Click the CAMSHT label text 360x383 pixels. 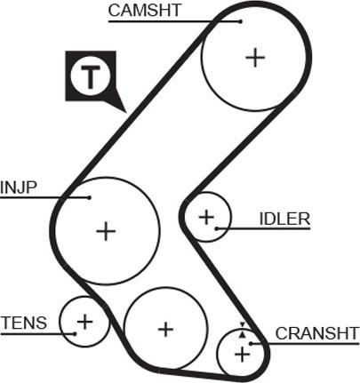coord(144,10)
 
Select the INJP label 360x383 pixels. coord(19,188)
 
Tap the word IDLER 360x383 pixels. coord(284,219)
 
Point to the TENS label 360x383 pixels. coord(24,323)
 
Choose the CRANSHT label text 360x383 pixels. coord(317,333)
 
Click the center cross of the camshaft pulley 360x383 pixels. coord(255,58)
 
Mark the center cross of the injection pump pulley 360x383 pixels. coord(106,231)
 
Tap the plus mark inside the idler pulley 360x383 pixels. coord(206,218)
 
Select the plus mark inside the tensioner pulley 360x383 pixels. coord(84,322)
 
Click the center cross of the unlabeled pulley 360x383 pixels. coord(165,329)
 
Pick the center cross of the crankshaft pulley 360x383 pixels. coord(243,355)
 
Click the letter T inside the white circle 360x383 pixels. coord(91,76)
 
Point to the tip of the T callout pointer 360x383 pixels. coord(126,113)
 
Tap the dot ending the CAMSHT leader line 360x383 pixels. coord(241,21)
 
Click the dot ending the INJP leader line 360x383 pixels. coord(89,197)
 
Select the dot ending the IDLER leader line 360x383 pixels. coord(217,228)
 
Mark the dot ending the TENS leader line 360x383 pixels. coord(75,334)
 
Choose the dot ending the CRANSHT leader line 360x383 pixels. coord(251,344)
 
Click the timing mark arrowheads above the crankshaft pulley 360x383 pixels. coord(243,330)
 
